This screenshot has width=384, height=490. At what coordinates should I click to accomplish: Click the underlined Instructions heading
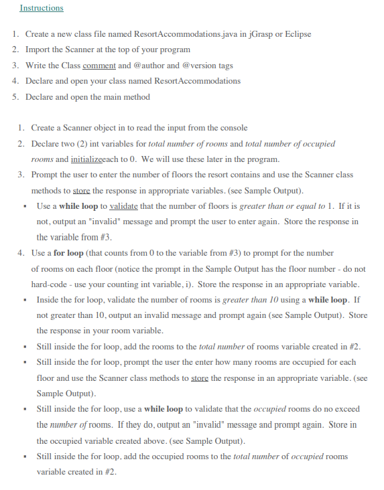click(x=42, y=8)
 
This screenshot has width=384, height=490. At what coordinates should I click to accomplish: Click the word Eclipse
click(x=297, y=34)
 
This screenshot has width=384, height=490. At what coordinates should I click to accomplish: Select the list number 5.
click(x=15, y=96)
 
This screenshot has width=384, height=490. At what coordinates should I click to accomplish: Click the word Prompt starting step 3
click(x=46, y=175)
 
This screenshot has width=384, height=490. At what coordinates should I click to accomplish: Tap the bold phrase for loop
click(x=68, y=254)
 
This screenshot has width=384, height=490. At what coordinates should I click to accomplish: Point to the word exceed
click(x=347, y=409)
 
